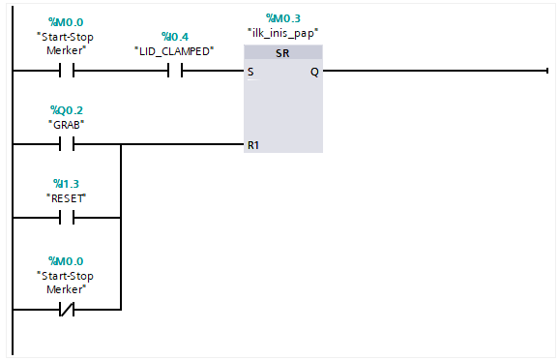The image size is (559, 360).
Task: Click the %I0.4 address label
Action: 174,36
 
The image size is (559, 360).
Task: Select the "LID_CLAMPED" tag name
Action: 174,49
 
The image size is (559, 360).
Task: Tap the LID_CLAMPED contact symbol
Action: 174,71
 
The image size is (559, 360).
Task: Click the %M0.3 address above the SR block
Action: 282,18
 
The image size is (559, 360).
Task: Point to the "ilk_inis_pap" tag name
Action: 282,32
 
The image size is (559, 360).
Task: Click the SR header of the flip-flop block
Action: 282,52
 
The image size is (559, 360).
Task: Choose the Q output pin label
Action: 314,72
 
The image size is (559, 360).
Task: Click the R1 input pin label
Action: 253,145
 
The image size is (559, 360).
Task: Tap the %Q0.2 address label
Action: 67,110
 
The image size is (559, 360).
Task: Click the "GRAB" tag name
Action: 67,124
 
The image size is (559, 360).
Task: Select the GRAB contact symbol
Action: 67,145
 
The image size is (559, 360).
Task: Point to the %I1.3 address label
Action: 67,183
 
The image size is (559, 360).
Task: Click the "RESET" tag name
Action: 67,196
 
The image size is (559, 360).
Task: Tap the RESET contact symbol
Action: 67,219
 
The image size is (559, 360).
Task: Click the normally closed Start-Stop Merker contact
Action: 67,311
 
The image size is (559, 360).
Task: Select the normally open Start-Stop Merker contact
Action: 67,71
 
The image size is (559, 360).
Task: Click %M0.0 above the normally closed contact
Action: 67,261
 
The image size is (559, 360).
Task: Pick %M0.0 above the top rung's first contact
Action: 67,22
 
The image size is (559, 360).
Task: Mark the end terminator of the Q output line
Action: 546,71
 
